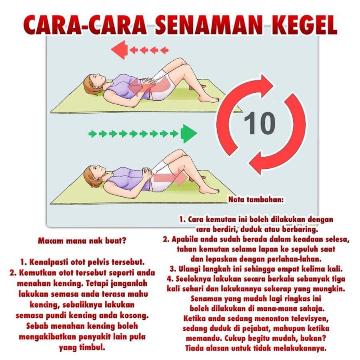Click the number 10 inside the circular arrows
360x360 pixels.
pyautogui.click(x=260, y=123)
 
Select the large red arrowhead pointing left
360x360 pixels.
pyautogui.click(x=119, y=50)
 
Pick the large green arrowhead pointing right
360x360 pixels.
pyautogui.click(x=189, y=134)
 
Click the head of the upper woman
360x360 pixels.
pyautogui.click(x=94, y=84)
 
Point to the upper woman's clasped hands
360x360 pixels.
pyautogui.click(x=149, y=81)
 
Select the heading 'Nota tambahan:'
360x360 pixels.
pyautogui.click(x=256, y=200)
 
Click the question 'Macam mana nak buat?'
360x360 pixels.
pyautogui.click(x=82, y=241)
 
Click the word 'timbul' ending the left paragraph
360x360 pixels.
pyautogui.click(x=92, y=347)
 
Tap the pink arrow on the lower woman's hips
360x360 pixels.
pyautogui.click(x=170, y=178)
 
